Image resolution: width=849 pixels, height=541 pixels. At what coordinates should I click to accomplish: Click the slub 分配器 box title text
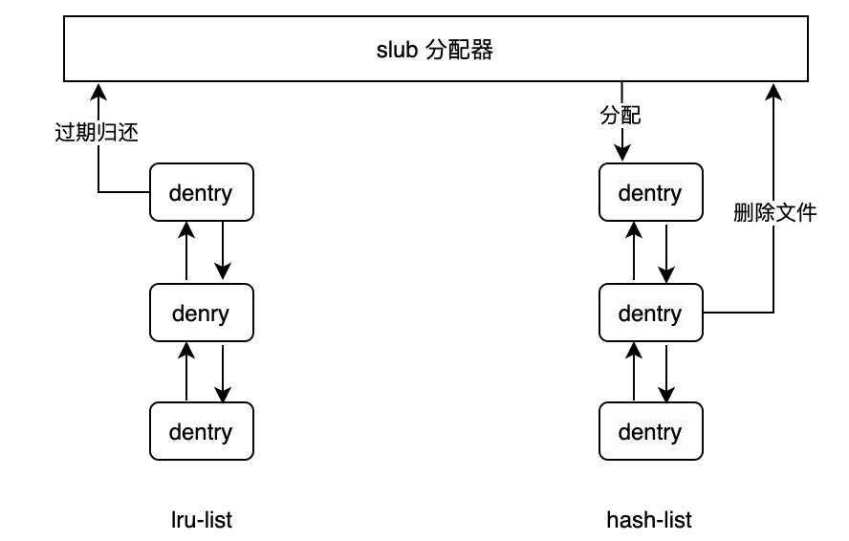pyautogui.click(x=435, y=51)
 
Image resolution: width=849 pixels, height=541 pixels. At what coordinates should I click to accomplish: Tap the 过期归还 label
pyautogui.click(x=97, y=133)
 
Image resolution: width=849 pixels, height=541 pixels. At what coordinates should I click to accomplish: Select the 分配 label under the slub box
pyautogui.click(x=620, y=116)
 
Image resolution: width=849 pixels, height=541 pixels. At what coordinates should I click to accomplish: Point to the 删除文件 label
pyautogui.click(x=774, y=212)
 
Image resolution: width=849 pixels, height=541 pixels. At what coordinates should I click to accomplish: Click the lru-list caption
pyautogui.click(x=201, y=520)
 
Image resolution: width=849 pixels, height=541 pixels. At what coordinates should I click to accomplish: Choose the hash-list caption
pyautogui.click(x=649, y=520)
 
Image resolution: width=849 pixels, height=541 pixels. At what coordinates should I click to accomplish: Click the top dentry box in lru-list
pyautogui.click(x=202, y=193)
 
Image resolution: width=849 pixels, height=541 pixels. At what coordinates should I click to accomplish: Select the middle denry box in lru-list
pyautogui.click(x=202, y=313)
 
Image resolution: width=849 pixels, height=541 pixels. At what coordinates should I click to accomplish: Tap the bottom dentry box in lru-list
pyautogui.click(x=202, y=431)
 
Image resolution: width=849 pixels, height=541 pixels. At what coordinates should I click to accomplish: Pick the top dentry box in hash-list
pyautogui.click(x=650, y=193)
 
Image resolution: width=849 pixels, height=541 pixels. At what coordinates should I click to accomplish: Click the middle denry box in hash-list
pyautogui.click(x=650, y=313)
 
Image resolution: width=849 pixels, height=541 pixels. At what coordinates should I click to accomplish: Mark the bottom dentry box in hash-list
pyautogui.click(x=650, y=431)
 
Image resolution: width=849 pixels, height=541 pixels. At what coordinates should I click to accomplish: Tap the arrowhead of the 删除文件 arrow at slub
pyautogui.click(x=773, y=90)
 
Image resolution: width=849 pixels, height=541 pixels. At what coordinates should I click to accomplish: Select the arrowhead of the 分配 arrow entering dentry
pyautogui.click(x=622, y=155)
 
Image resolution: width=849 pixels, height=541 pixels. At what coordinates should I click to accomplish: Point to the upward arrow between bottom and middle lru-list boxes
pyautogui.click(x=186, y=371)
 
